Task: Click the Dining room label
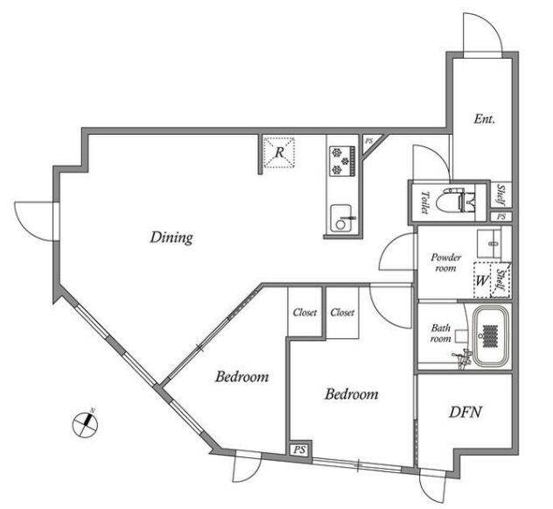[171, 237]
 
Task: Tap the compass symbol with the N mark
[85, 424]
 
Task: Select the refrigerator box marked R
[279, 152]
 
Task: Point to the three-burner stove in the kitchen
[342, 161]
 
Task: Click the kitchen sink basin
[340, 219]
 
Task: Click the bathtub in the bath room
[491, 336]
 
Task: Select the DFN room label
[465, 413]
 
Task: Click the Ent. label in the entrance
[484, 118]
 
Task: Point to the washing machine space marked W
[482, 280]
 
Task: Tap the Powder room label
[445, 262]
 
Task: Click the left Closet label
[304, 312]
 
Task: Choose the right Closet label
[342, 312]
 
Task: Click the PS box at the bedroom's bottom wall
[299, 450]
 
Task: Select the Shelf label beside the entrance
[500, 195]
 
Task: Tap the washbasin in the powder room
[489, 244]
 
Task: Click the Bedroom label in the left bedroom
[241, 377]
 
